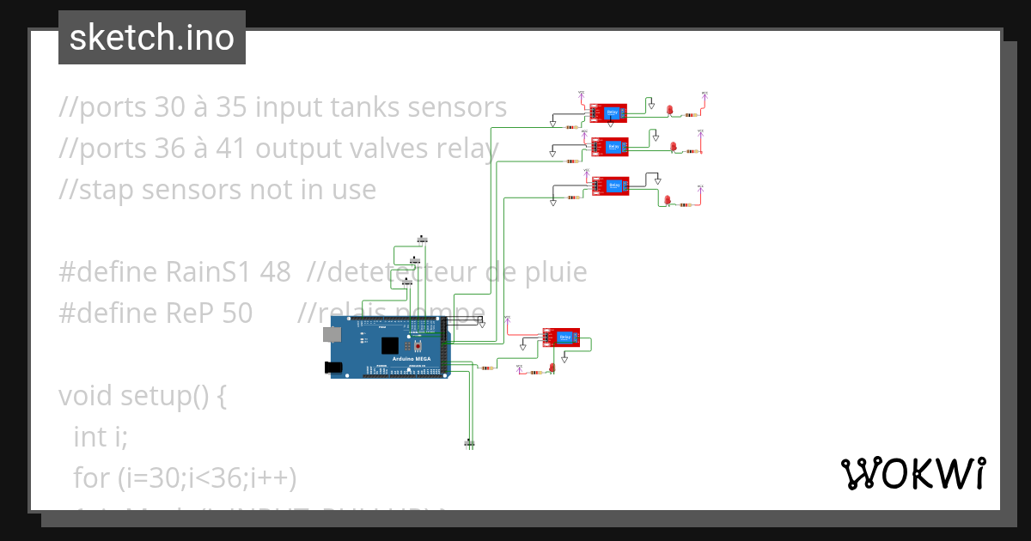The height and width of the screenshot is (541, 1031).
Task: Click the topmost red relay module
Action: [x=609, y=112]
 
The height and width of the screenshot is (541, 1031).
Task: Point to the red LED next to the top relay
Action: [x=669, y=110]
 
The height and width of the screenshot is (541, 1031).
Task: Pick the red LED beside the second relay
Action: [x=674, y=147]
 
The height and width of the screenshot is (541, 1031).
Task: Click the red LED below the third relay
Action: [x=667, y=200]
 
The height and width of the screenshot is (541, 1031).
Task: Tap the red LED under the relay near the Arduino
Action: [x=552, y=368]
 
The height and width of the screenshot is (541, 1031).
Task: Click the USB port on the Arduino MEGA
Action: [x=330, y=333]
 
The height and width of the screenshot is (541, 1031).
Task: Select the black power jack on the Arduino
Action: [x=333, y=368]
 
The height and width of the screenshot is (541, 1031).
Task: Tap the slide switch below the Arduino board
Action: [x=469, y=443]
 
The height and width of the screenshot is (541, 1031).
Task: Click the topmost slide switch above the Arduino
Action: [x=423, y=239]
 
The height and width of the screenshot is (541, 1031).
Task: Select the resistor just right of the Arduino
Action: [x=486, y=368]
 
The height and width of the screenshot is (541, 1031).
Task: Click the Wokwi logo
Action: [x=912, y=473]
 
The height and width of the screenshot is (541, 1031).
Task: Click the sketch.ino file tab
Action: [x=152, y=38]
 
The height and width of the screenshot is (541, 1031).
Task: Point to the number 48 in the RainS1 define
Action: [x=274, y=272]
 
